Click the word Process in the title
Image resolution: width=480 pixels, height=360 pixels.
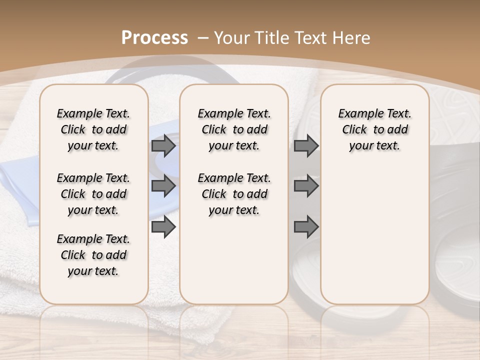(x=154, y=38)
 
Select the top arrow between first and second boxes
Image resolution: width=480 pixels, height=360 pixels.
(x=163, y=146)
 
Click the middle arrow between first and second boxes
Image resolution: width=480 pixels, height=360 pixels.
(x=163, y=186)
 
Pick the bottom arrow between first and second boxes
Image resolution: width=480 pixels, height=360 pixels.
(x=163, y=227)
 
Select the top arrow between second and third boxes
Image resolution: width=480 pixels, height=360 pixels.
(x=306, y=146)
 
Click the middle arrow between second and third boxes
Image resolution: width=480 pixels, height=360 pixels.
(x=306, y=186)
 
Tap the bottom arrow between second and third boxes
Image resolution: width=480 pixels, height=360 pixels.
(x=306, y=227)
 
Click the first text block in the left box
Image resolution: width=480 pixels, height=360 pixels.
(x=93, y=129)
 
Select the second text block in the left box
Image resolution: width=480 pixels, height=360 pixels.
(x=93, y=194)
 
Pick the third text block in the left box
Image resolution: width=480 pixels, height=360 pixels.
(x=93, y=255)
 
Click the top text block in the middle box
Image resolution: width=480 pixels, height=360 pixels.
(x=234, y=129)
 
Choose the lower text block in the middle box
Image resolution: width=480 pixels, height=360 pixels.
(x=234, y=194)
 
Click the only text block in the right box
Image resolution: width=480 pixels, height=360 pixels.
(x=374, y=129)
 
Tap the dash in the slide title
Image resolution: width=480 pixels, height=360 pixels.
(x=203, y=38)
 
